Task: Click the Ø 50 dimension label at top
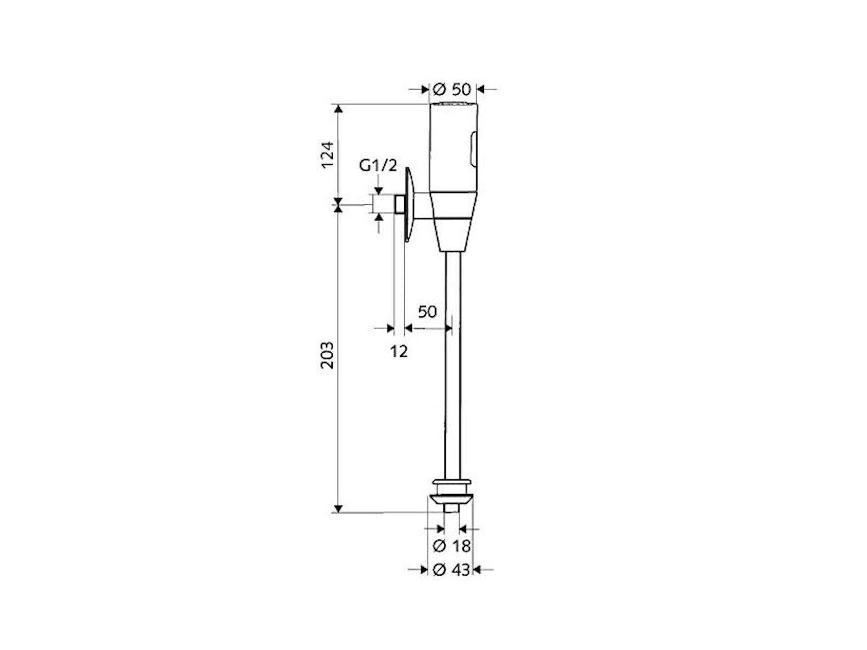click(x=452, y=89)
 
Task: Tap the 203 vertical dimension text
click(x=327, y=355)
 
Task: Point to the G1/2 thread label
click(x=378, y=166)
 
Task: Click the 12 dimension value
click(x=399, y=352)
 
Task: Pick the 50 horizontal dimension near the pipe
click(x=427, y=311)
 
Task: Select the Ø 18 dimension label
click(x=452, y=546)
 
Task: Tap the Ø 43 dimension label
click(x=452, y=570)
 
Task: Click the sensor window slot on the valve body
click(x=474, y=149)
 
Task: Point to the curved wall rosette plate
click(x=409, y=203)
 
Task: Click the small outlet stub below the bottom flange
click(x=451, y=508)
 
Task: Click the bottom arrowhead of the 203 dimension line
click(x=338, y=508)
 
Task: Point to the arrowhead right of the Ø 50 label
click(x=481, y=89)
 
